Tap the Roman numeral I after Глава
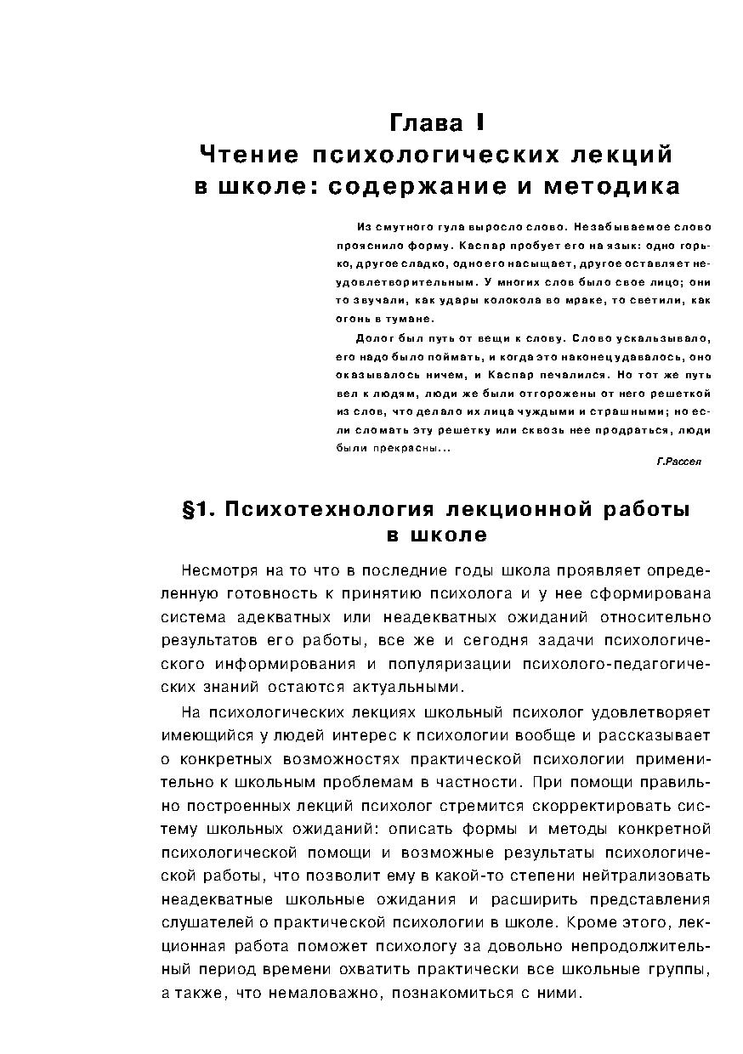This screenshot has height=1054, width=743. point(480,123)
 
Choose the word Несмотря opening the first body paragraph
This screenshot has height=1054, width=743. point(217,569)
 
